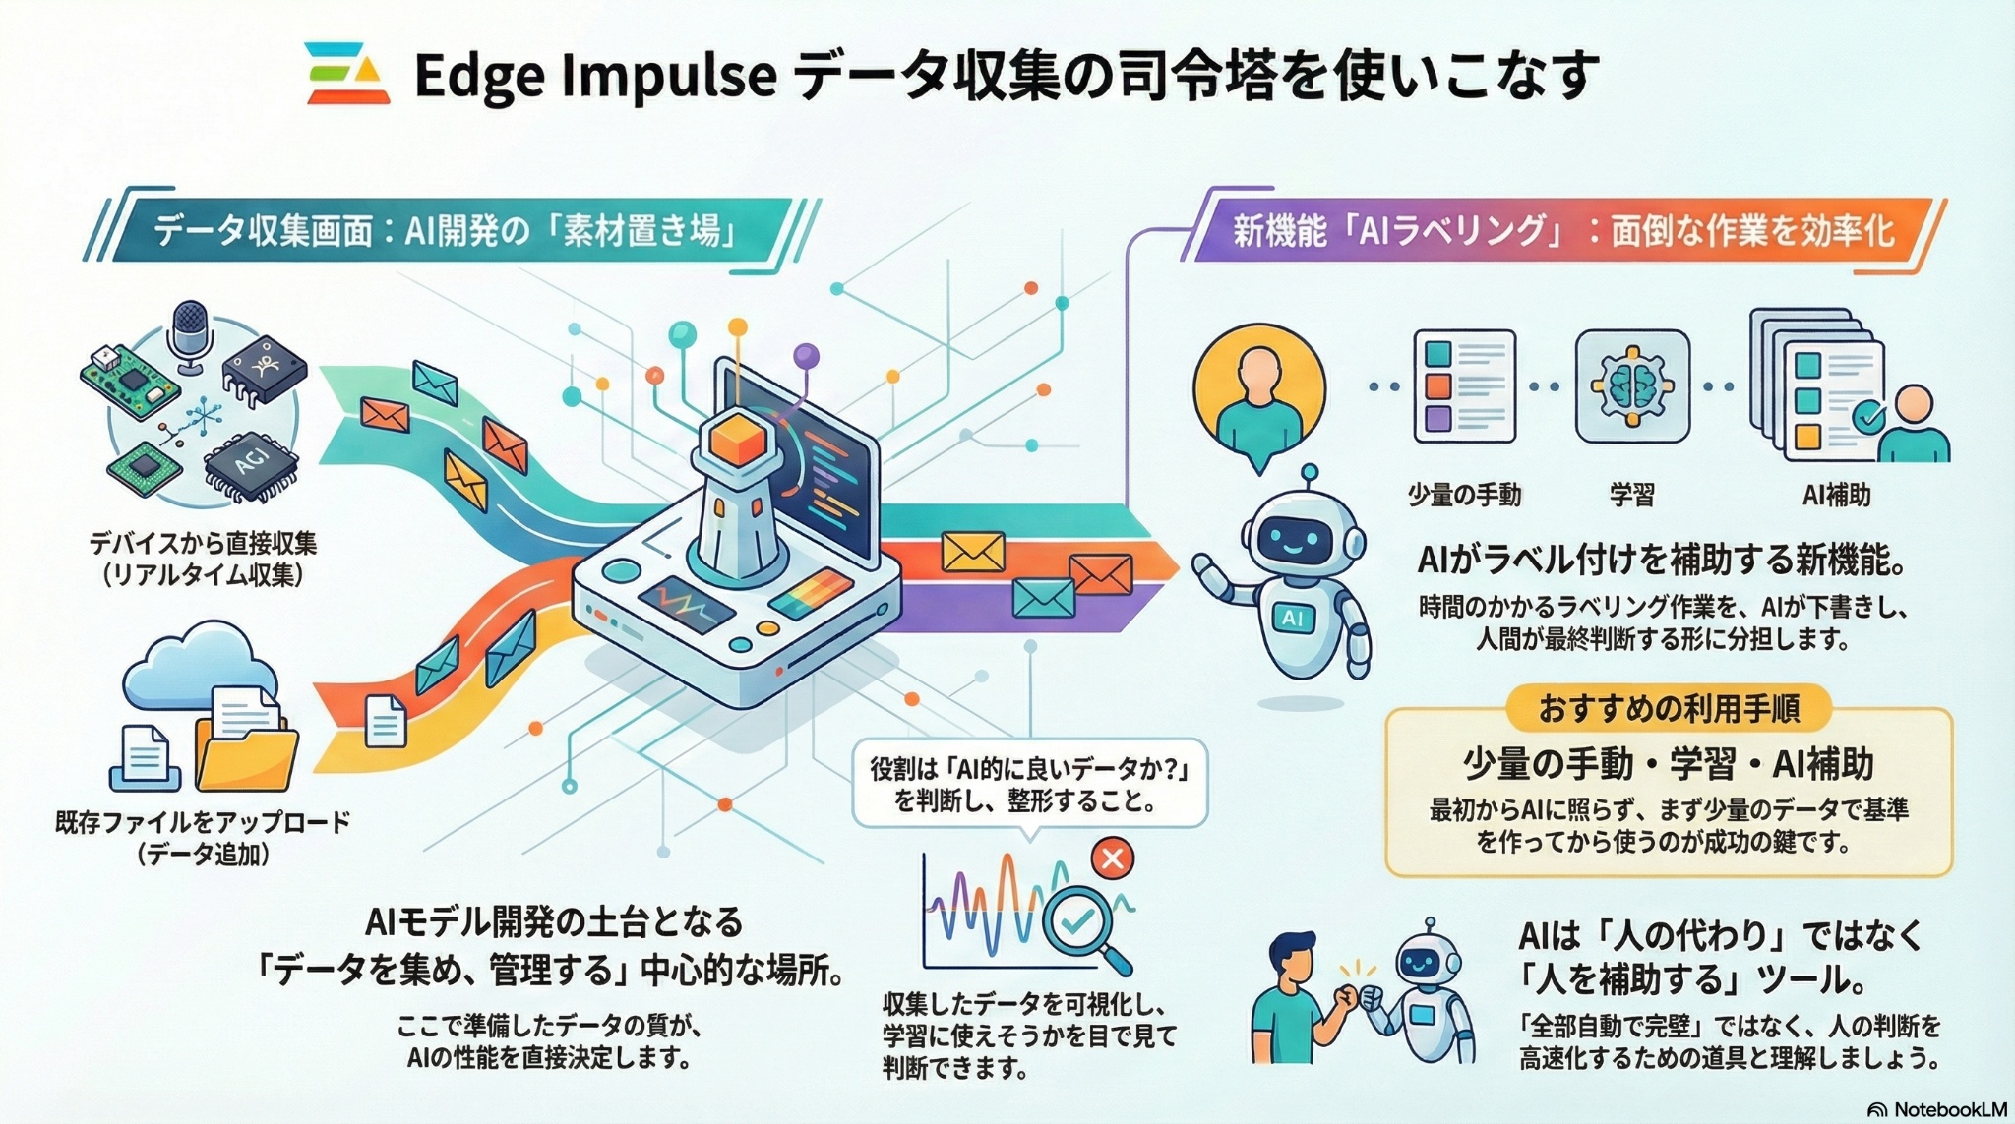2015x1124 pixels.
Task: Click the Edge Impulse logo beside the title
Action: coord(347,73)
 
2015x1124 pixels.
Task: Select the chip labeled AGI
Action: coord(251,462)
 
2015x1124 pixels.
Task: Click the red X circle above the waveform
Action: coord(1113,859)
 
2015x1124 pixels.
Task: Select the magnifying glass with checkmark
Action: coord(1082,923)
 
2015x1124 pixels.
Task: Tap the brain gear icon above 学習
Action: coord(1631,386)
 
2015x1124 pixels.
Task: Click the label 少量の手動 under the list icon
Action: coord(1464,495)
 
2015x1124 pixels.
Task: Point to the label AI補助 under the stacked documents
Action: coord(1836,495)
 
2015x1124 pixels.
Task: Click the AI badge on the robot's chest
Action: coord(1292,618)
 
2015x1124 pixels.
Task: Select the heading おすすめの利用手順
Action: coord(1669,708)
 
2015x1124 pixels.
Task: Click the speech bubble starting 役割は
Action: coord(1029,784)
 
